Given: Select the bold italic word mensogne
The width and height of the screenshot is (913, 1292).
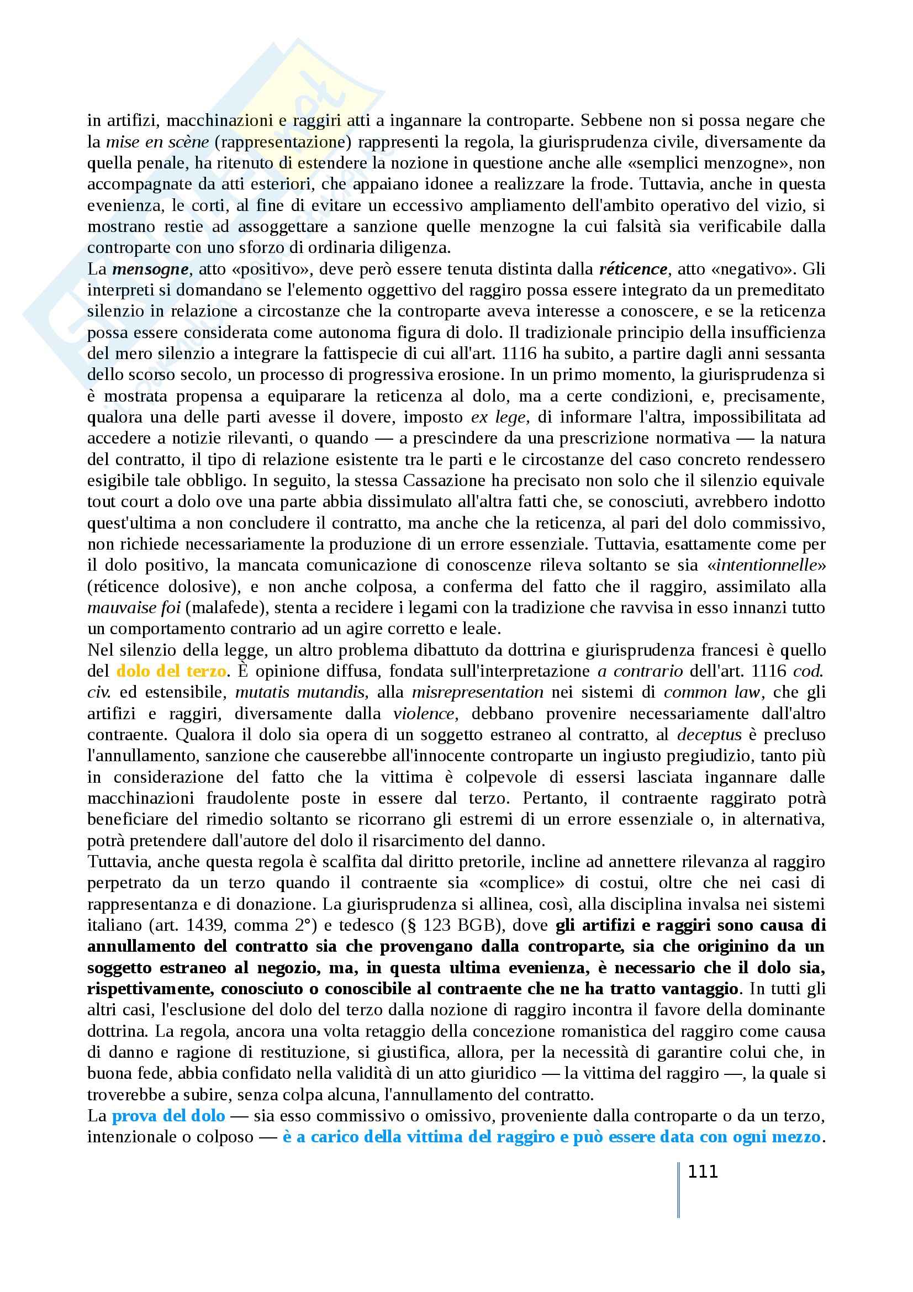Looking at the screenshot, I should pyautogui.click(x=150, y=269).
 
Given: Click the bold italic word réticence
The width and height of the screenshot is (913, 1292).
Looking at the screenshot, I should pyautogui.click(x=633, y=269).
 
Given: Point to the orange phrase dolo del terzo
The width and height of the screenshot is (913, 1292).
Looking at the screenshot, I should pyautogui.click(x=172, y=671).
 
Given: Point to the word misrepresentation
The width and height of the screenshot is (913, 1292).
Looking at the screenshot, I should pyautogui.click(x=477, y=692).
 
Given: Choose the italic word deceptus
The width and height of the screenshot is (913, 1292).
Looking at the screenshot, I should pyautogui.click(x=709, y=734).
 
